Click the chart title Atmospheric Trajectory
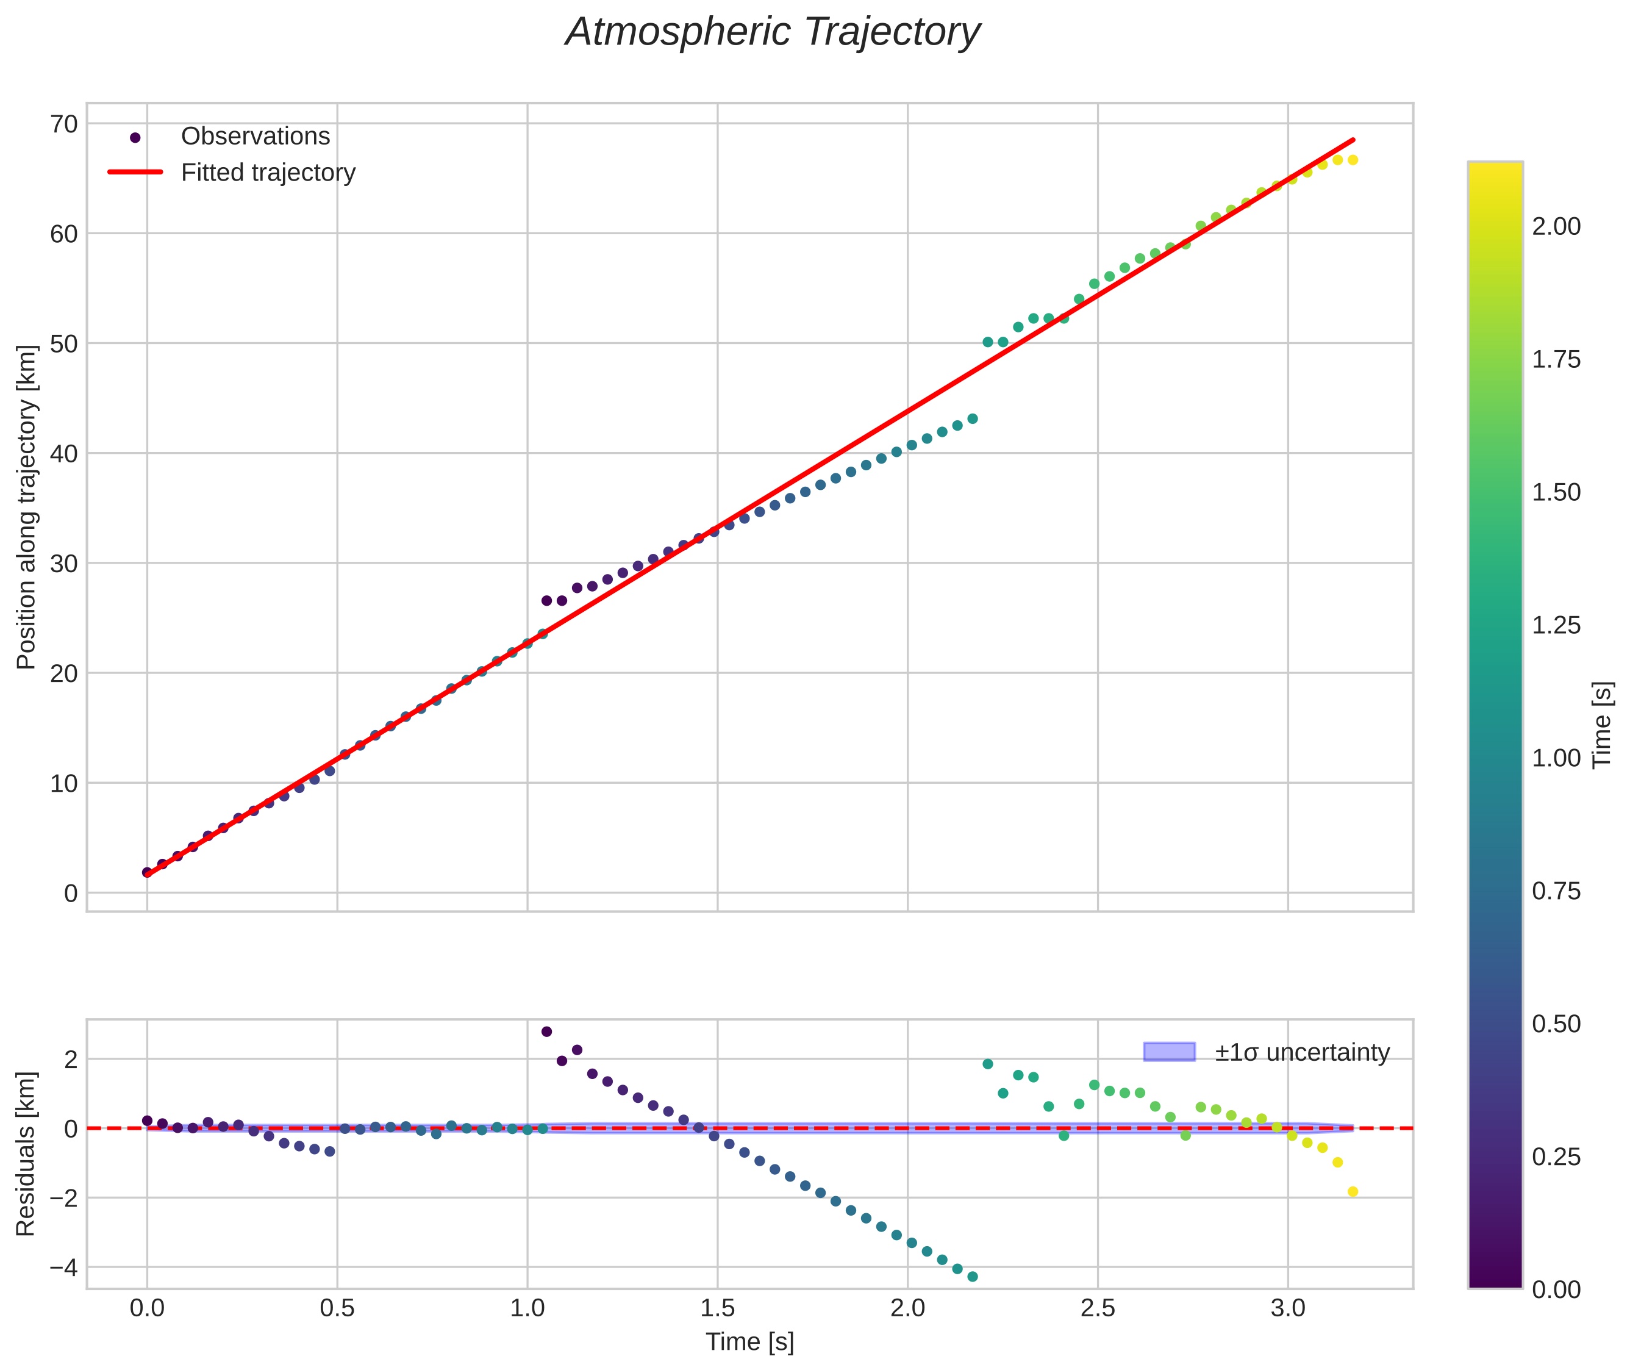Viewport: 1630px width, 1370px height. click(773, 32)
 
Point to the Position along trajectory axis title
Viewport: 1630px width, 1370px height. click(27, 506)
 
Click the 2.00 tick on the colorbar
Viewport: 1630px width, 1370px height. click(1556, 226)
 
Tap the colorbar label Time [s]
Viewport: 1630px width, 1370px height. click(1603, 725)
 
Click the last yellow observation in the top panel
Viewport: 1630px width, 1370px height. click(1352, 160)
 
